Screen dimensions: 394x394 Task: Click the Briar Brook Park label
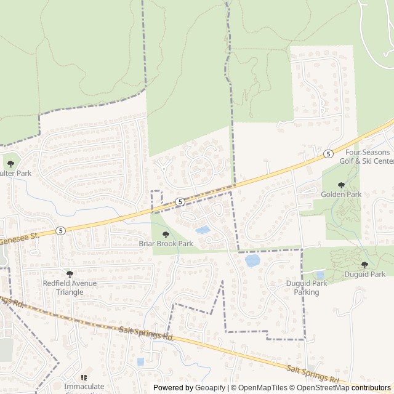tap(166, 244)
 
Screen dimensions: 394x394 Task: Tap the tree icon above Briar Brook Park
tap(166, 234)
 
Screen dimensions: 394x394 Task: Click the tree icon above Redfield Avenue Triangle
tap(69, 273)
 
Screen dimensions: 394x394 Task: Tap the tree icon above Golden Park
tap(341, 185)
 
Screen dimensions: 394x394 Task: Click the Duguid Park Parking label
tap(302, 287)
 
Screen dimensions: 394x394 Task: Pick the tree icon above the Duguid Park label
tap(364, 265)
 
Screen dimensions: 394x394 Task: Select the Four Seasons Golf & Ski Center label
tap(368, 156)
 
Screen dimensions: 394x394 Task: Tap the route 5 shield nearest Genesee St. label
tap(60, 230)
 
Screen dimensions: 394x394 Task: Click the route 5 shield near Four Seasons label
tap(328, 153)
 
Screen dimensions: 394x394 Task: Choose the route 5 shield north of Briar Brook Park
tap(179, 201)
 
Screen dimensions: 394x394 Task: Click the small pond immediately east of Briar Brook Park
tap(202, 230)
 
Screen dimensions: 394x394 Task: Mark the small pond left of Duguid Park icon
tap(320, 275)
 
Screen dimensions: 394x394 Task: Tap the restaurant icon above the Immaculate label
tap(84, 377)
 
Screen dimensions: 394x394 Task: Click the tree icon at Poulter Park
tap(10, 164)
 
